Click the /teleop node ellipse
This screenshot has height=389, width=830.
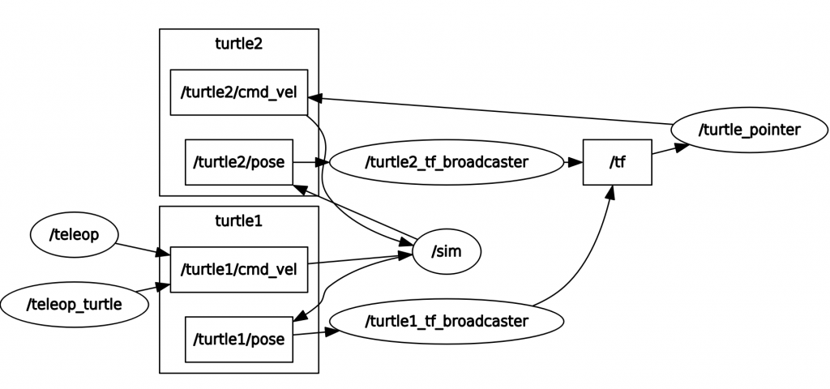pos(75,235)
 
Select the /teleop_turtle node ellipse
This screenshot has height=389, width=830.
pos(75,305)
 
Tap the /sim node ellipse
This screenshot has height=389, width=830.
pos(447,251)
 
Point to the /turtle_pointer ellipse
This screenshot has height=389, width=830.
pos(749,130)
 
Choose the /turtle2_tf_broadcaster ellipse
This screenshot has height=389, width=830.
pos(447,162)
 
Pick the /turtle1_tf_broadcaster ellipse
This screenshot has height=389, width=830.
pos(447,321)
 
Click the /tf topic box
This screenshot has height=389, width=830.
pos(617,162)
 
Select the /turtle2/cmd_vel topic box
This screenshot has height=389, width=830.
pos(239,92)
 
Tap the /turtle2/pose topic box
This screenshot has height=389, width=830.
pos(238,162)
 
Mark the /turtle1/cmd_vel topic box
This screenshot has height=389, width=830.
pos(239,269)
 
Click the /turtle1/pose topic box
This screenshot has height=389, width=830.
pos(238,339)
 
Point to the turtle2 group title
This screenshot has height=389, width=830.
pos(238,44)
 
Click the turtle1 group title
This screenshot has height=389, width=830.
pos(238,220)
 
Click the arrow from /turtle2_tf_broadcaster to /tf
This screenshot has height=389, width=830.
pos(572,162)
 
